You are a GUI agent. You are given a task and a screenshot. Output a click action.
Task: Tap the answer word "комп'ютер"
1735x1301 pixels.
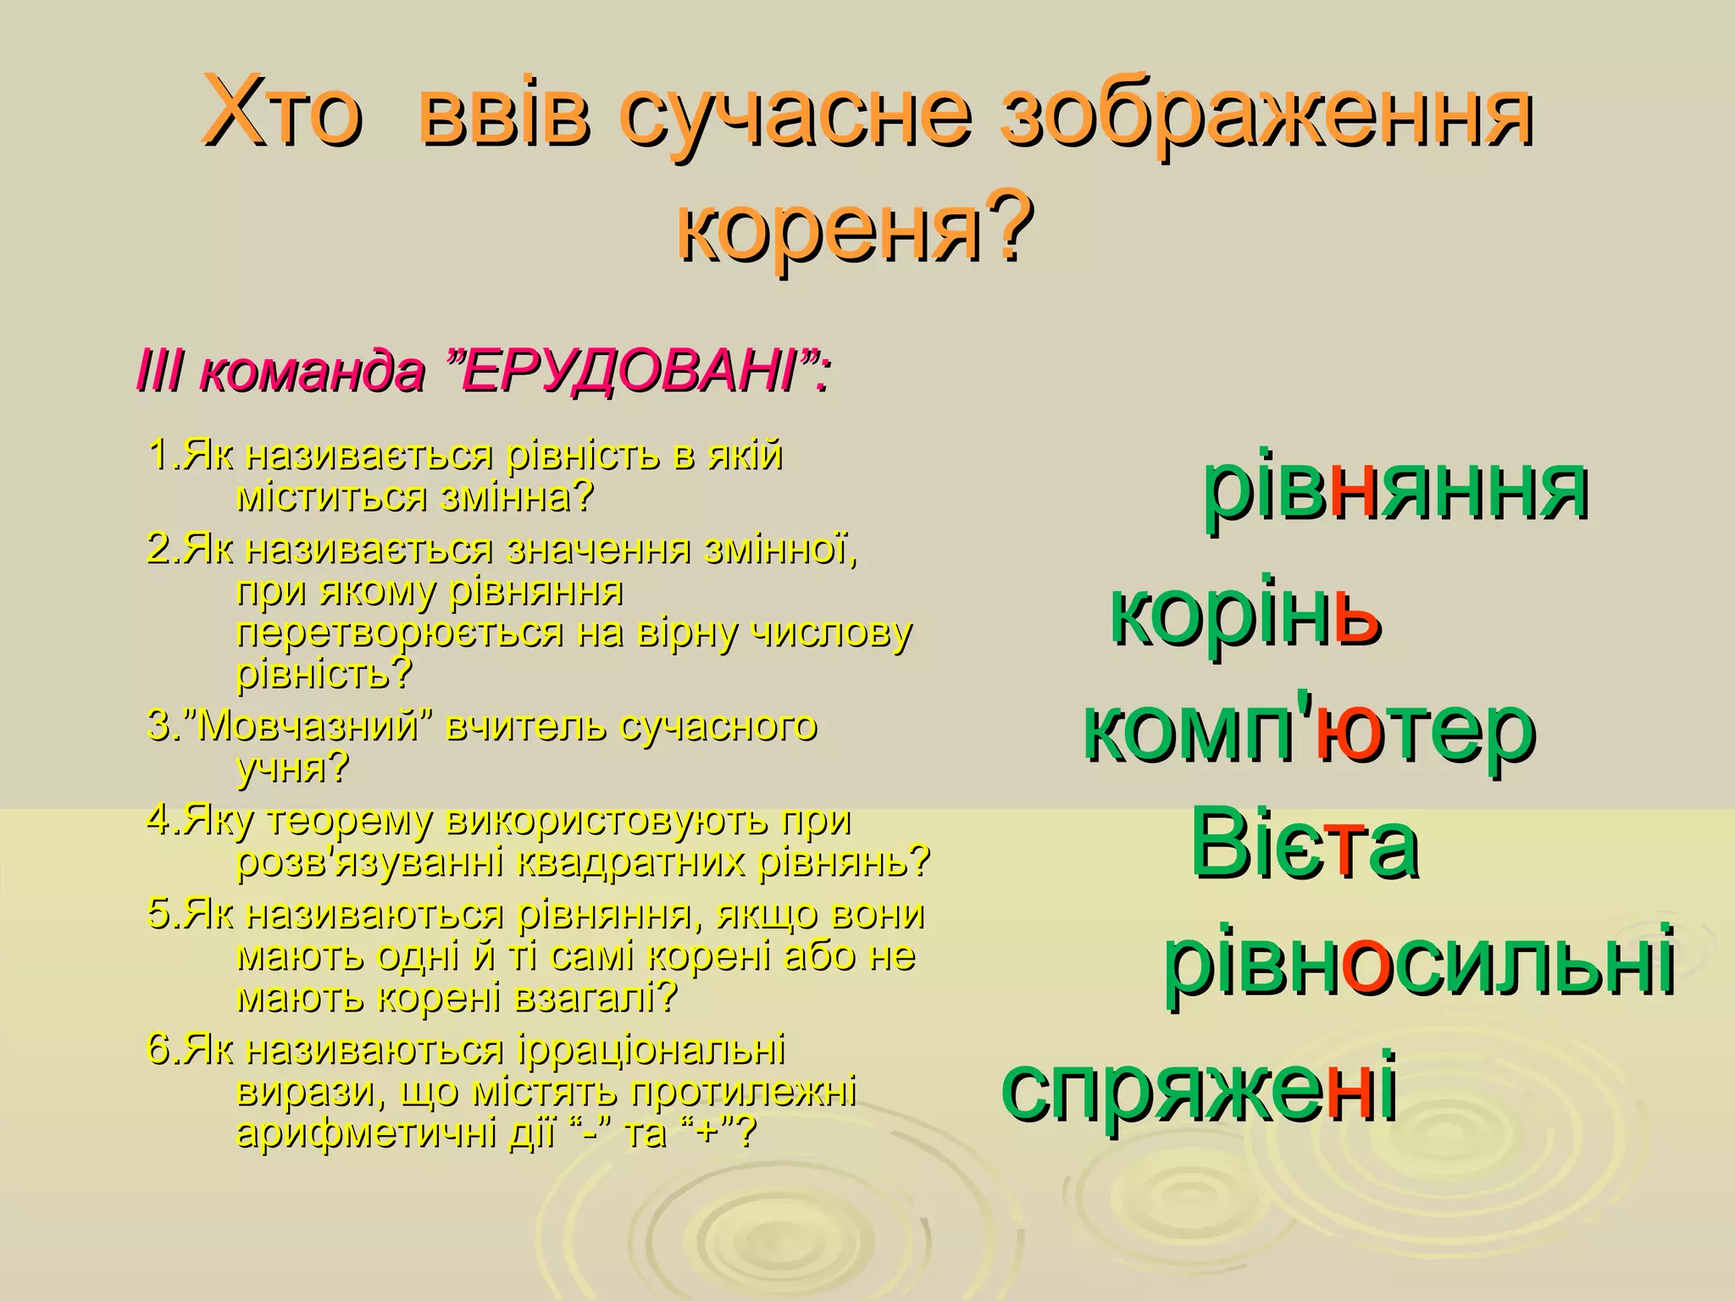[1309, 730]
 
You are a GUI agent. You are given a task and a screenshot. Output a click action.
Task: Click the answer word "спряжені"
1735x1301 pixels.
[1198, 1085]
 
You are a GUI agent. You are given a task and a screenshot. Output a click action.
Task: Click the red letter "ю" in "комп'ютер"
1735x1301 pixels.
[1343, 732]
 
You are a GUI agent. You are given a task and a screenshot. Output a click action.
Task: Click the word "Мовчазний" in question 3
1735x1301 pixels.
[309, 727]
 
